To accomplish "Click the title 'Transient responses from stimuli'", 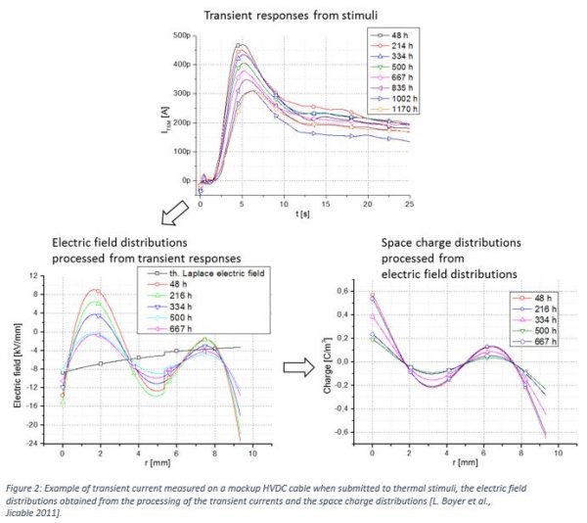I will click(293, 14).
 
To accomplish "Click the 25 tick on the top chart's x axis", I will click(410, 203).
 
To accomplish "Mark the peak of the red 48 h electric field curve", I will click(94, 290).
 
